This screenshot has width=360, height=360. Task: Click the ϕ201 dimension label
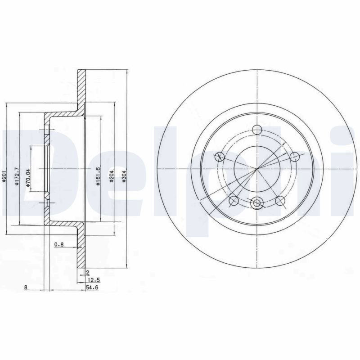point(4,178)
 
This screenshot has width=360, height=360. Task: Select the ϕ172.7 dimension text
point(16,176)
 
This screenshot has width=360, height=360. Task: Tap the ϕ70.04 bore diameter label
point(28,178)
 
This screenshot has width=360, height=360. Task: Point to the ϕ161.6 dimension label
point(99,176)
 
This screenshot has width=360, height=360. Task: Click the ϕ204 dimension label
point(111,176)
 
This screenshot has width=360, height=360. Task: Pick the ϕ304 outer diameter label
point(124,176)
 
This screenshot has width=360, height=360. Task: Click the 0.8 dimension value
point(59,244)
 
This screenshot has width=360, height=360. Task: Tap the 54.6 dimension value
point(92,287)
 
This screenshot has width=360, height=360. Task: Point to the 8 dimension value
point(26,287)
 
